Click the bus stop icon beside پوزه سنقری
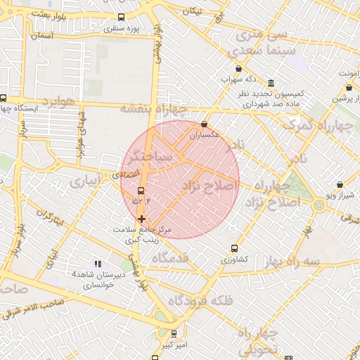[122, 18]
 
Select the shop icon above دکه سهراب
[240, 69]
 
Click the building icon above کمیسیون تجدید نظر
[271, 82]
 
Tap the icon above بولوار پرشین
[349, 88]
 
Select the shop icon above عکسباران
[204, 124]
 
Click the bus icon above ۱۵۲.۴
[141, 191]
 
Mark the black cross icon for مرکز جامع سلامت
[141, 219]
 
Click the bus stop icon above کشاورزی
[235, 248]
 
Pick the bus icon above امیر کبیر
[174, 334]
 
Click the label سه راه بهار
[295, 262]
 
